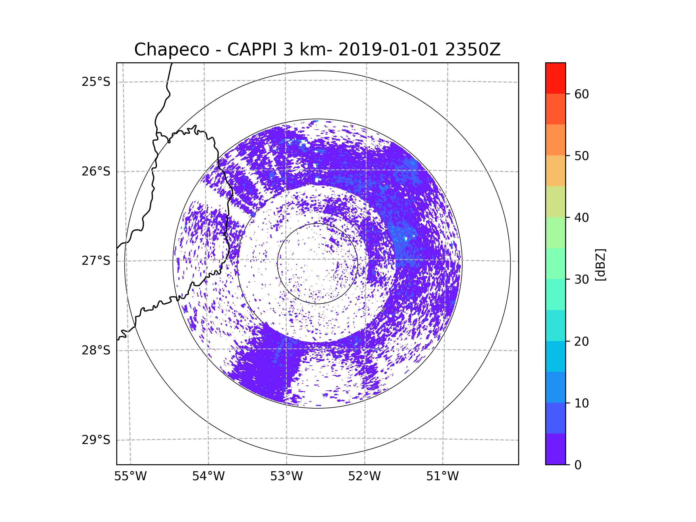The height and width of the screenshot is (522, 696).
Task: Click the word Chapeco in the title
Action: click(x=172, y=50)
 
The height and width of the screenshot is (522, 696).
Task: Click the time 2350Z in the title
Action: click(x=473, y=50)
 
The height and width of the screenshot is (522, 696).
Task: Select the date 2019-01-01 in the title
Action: click(x=388, y=50)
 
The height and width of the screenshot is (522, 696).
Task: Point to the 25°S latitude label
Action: click(x=96, y=82)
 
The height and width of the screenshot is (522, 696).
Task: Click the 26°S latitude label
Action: click(x=96, y=171)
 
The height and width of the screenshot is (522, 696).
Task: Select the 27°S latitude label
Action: click(x=96, y=261)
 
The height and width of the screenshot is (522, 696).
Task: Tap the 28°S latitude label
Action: click(x=96, y=350)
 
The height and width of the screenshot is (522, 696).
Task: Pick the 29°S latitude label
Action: click(x=96, y=440)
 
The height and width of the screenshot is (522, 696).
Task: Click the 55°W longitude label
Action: click(x=130, y=476)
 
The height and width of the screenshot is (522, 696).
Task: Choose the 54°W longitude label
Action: click(x=208, y=476)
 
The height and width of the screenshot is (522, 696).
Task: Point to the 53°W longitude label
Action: click(x=286, y=476)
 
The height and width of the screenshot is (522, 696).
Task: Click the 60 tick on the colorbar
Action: click(x=581, y=94)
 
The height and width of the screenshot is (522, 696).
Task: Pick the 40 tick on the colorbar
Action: click(x=581, y=218)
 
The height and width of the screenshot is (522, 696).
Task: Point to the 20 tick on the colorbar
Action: click(x=581, y=341)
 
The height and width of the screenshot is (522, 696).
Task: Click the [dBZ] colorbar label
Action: click(x=601, y=264)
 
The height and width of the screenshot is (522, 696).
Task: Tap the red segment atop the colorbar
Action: click(x=555, y=78)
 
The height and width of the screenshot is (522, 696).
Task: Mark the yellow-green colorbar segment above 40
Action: click(x=555, y=202)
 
